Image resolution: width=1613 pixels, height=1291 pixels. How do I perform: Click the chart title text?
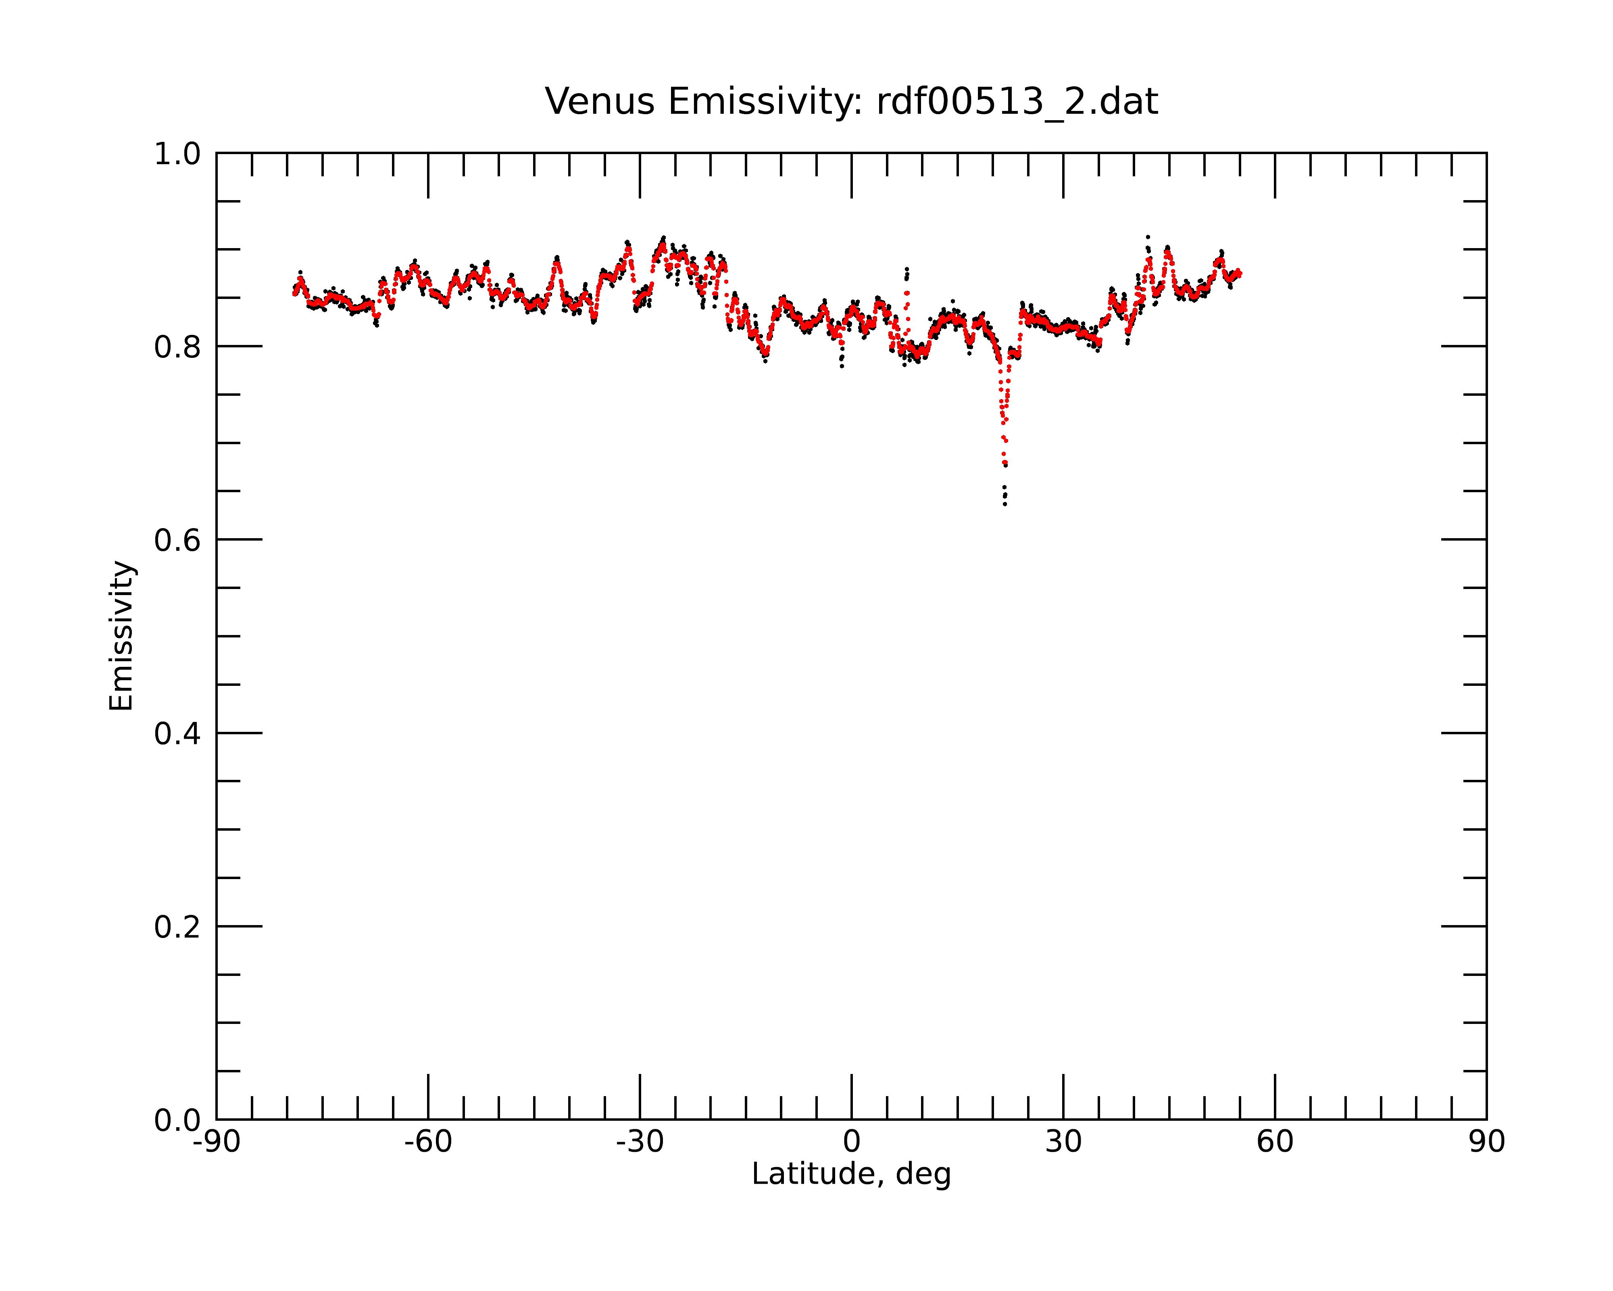point(851,102)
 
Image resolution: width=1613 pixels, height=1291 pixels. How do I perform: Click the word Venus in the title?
point(600,102)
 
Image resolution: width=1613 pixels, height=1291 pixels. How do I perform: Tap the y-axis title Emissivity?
point(121,636)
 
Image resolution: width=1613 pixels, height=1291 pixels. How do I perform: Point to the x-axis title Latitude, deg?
point(851,1174)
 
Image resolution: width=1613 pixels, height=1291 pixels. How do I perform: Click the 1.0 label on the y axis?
point(177,154)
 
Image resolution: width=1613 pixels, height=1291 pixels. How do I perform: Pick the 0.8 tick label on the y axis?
point(177,347)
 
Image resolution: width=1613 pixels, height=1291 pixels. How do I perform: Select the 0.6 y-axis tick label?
point(177,540)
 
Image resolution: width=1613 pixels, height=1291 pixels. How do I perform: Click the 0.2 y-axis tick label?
point(177,927)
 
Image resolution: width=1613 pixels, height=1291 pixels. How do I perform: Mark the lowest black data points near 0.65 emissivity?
point(1005,495)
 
